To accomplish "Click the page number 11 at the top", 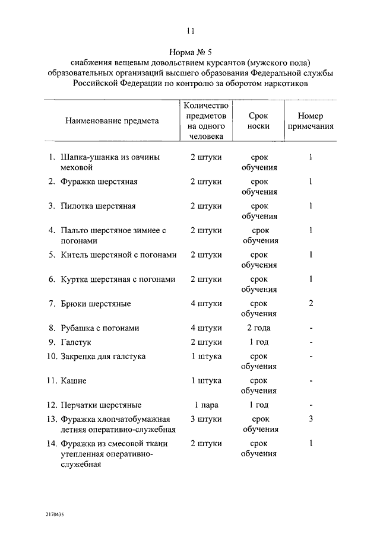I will click(190, 31).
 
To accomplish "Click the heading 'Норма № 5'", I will click(190, 52).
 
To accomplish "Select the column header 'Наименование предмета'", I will click(112, 120).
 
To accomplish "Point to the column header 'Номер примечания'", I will click(311, 120).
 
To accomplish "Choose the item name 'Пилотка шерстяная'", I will click(98, 206).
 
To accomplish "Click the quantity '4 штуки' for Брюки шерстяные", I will click(206, 304).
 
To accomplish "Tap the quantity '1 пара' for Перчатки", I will click(206, 405).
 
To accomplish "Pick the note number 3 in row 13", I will click(311, 419).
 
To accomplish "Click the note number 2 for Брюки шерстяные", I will click(311, 304).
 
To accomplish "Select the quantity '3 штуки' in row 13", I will click(206, 419).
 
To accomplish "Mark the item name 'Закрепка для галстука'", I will click(103, 357).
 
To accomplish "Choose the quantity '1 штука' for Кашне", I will click(206, 381).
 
